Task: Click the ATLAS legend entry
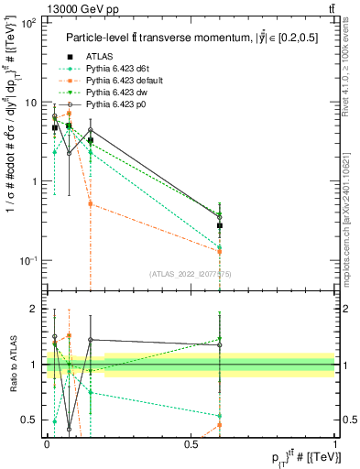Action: pyautogui.click(x=99, y=56)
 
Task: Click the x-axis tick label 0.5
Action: pyautogui.click(x=191, y=444)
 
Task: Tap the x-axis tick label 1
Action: pyautogui.click(x=334, y=444)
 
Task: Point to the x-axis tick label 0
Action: pyautogui.click(x=47, y=444)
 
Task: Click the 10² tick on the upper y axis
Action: pyautogui.click(x=29, y=23)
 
